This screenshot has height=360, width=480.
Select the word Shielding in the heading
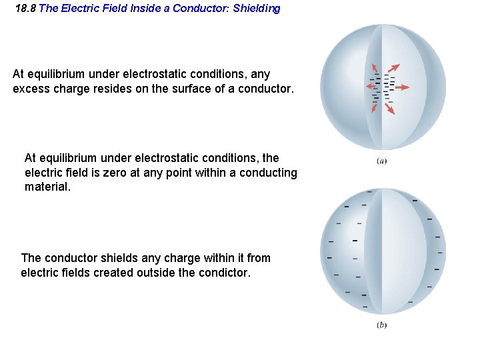pyautogui.click(x=257, y=9)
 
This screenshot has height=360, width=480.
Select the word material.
pyautogui.click(x=47, y=187)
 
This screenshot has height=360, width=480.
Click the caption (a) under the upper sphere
pyautogui.click(x=382, y=160)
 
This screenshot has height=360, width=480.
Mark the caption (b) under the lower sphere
pyautogui.click(x=382, y=325)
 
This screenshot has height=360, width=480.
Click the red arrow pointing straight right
pyautogui.click(x=402, y=87)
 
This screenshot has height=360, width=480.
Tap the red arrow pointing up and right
pyautogui.click(x=395, y=67)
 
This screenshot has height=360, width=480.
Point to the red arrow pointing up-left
pyautogui.click(x=375, y=67)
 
